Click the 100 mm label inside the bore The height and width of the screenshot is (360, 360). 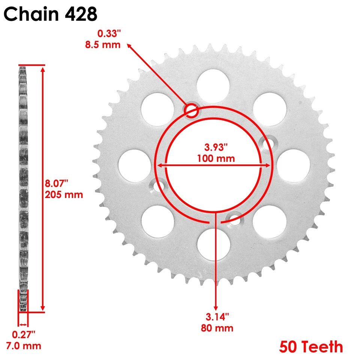(x=216, y=158)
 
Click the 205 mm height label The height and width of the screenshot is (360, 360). (x=64, y=195)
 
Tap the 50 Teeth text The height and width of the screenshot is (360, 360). (x=311, y=347)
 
